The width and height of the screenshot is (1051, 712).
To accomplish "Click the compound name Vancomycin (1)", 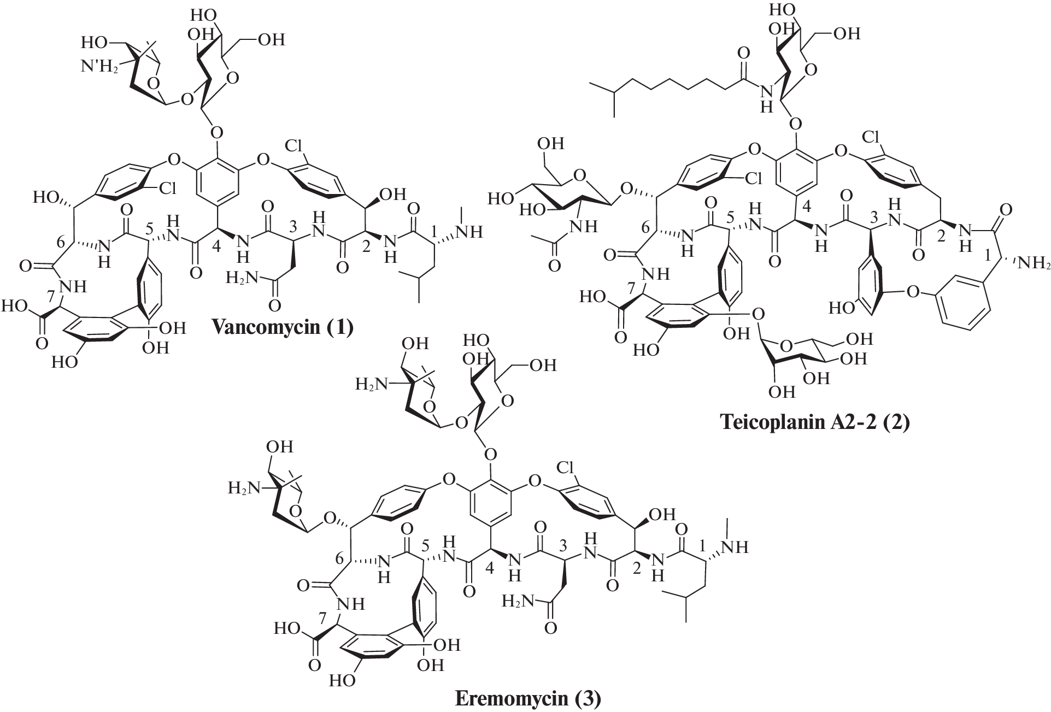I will [x=283, y=327].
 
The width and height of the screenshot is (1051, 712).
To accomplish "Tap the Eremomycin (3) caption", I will [x=528, y=698].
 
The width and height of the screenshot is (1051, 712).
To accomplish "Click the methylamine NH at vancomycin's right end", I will [x=469, y=232].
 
